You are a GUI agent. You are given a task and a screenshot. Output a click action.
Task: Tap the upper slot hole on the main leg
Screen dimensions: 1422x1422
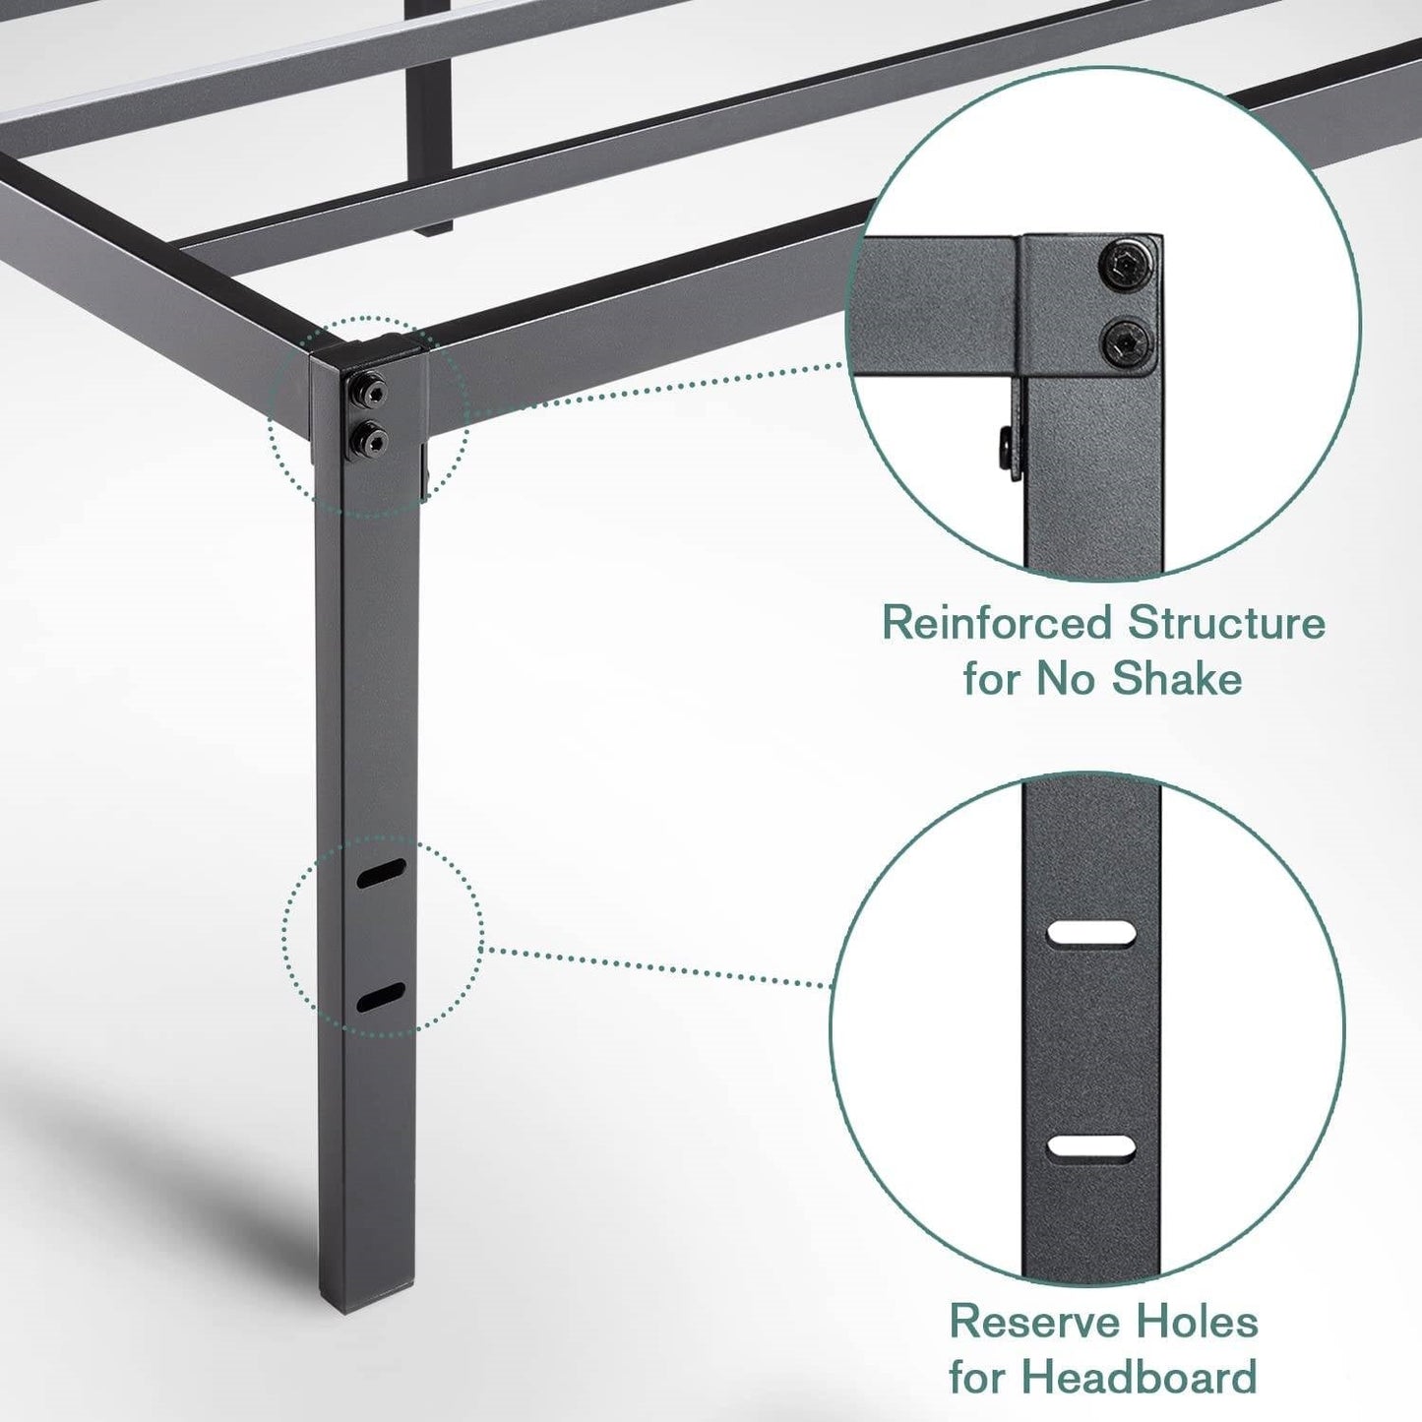(383, 873)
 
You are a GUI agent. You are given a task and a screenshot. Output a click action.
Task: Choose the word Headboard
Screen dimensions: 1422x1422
(1148, 1377)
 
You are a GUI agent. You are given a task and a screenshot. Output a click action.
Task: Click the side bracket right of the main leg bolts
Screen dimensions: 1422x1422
(426, 466)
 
